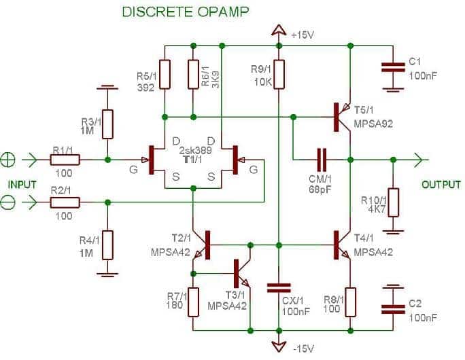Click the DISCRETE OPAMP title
[x=186, y=12]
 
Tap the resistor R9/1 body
[x=279, y=74]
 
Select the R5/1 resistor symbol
[x=165, y=74]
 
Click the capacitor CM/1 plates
[x=322, y=160]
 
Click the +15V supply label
[x=303, y=35]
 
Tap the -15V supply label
[x=303, y=348]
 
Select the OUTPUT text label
[x=441, y=185]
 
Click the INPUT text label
[x=22, y=185]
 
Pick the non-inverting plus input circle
[x=7, y=160]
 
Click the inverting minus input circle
[x=7, y=202]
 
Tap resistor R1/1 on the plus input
[x=65, y=160]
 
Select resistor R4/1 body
[x=107, y=245]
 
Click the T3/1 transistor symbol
[x=243, y=273]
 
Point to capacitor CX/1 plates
[x=279, y=288]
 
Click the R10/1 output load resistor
[x=394, y=202]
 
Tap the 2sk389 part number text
[x=195, y=150]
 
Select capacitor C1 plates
[x=393, y=67]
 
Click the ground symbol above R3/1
[x=107, y=88]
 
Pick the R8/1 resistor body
[x=351, y=302]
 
